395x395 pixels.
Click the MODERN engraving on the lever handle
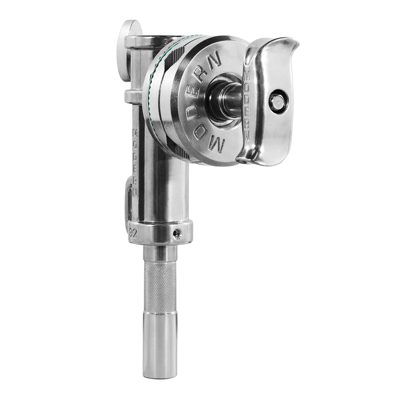247,102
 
